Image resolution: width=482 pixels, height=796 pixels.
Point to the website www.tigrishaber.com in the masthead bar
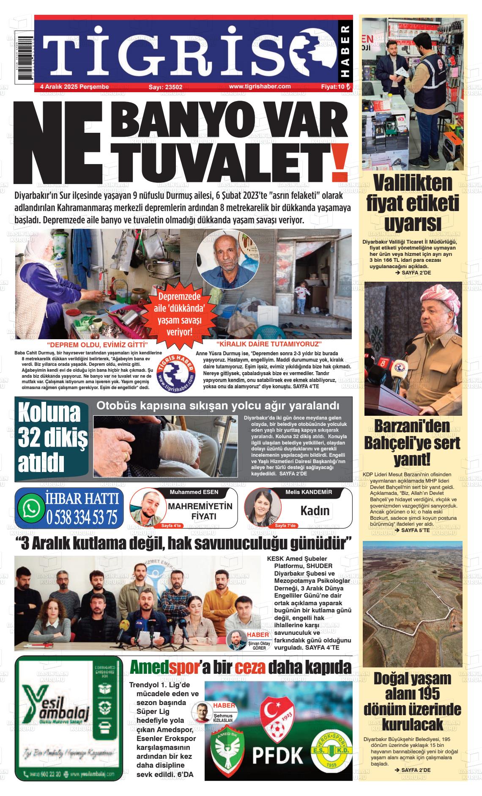(260, 86)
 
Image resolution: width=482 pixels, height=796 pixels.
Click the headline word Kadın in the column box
(315, 511)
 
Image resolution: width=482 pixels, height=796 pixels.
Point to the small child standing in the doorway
(301, 296)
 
